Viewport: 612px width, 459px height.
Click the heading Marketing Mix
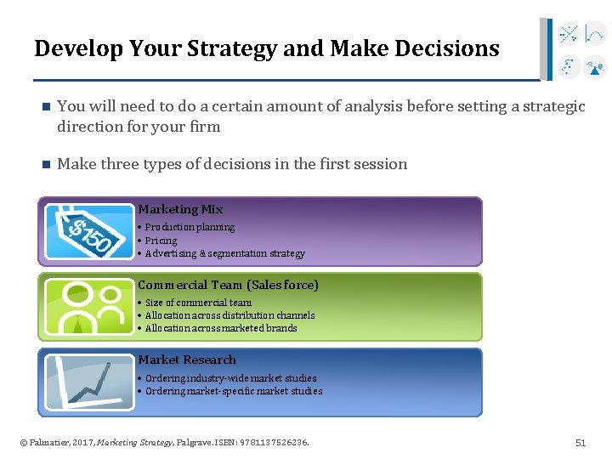pyautogui.click(x=180, y=209)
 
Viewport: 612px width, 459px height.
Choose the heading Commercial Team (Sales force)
pyautogui.click(x=228, y=285)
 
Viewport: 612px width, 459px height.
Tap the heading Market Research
pyautogui.click(x=187, y=360)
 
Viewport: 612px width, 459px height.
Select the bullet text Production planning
pyautogui.click(x=190, y=228)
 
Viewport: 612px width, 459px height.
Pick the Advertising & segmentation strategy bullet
pyautogui.click(x=224, y=253)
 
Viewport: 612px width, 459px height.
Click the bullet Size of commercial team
pyautogui.click(x=198, y=303)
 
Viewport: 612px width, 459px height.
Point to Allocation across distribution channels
pyautogui.click(x=229, y=315)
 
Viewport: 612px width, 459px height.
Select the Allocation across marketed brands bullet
pyautogui.click(x=221, y=328)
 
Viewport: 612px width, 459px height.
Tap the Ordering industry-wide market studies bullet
pyautogui.click(x=230, y=378)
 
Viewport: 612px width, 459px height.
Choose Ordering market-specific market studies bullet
pyautogui.click(x=234, y=391)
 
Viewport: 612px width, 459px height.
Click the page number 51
pyautogui.click(x=581, y=443)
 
